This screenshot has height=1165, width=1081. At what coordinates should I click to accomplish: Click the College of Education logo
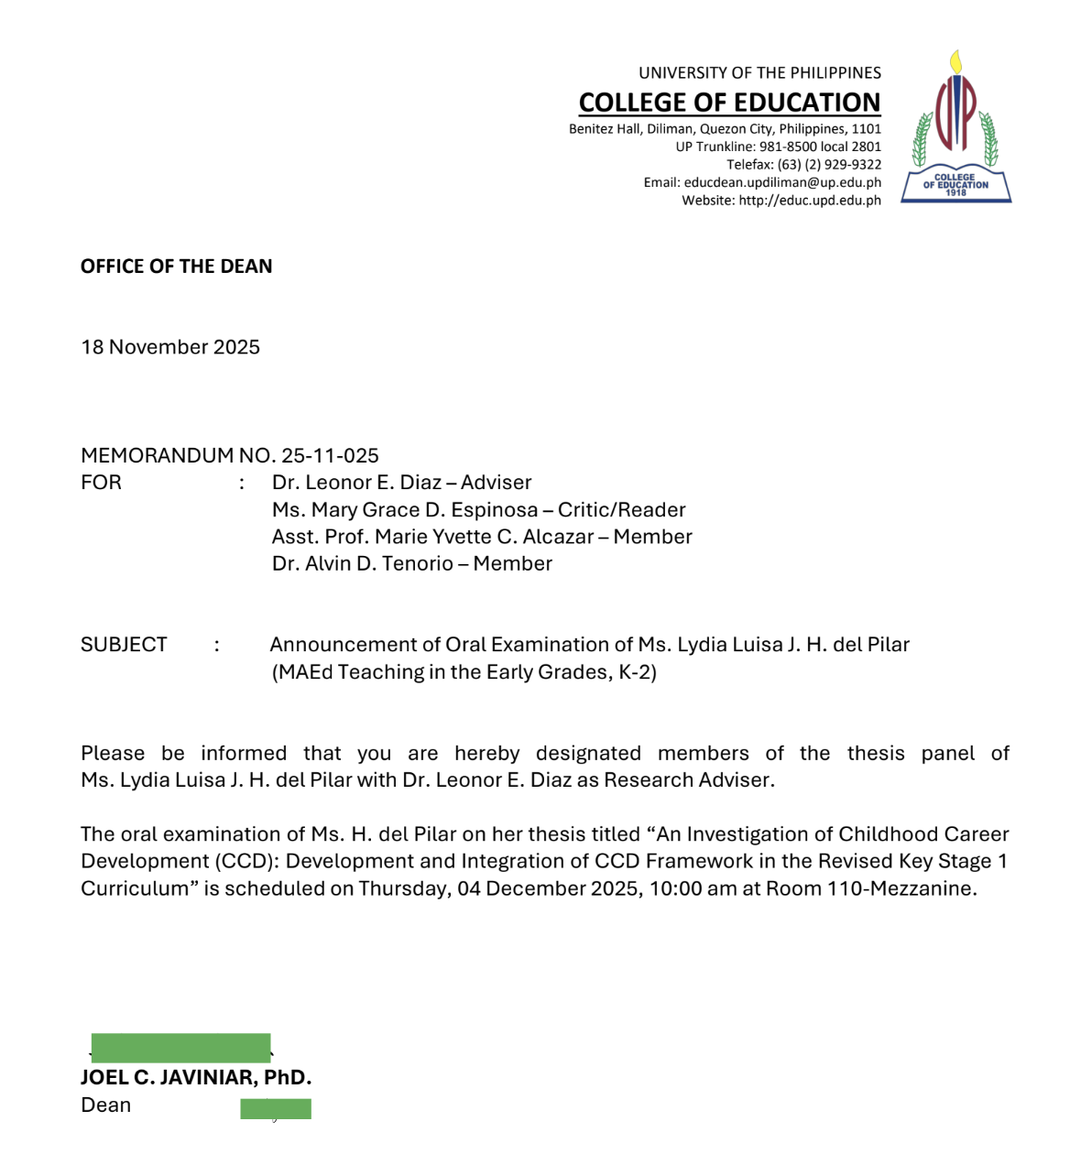(955, 128)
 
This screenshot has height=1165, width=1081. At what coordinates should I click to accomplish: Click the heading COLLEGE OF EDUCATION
(729, 102)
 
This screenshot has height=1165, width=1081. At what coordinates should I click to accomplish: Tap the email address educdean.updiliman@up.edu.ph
(782, 182)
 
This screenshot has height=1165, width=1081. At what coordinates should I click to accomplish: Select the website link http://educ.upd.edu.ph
(809, 201)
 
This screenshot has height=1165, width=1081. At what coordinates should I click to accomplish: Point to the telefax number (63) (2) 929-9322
(829, 165)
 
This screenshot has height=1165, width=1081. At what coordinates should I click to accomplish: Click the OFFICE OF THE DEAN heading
(176, 267)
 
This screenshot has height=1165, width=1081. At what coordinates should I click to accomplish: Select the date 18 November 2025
(170, 347)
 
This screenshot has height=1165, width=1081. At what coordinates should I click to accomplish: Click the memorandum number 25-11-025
(330, 455)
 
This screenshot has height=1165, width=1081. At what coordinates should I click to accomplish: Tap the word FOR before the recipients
(101, 483)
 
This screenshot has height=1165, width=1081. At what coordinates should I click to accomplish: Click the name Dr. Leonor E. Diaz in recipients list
(356, 483)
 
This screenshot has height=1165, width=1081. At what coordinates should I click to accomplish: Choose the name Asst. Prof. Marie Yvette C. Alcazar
(432, 537)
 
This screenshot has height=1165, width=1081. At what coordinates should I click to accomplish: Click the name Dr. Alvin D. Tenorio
(362, 564)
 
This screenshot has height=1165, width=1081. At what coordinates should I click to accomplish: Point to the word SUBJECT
(124, 645)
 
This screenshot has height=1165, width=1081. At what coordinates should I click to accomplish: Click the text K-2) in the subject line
(638, 672)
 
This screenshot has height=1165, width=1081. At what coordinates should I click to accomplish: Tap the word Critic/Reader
(621, 510)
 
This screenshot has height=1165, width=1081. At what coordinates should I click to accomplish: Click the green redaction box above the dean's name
(180, 1048)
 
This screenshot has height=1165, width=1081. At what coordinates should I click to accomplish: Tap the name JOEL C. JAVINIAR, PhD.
(196, 1078)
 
